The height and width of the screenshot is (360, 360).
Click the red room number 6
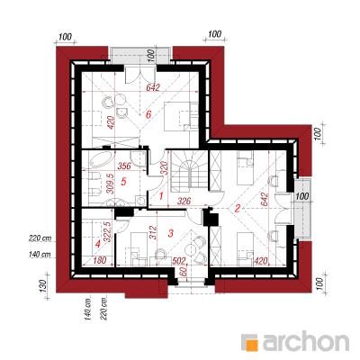pyautogui.click(x=148, y=114)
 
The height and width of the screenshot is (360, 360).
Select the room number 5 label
pyautogui.click(x=123, y=182)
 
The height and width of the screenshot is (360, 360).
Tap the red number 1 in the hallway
pyautogui.click(x=161, y=196)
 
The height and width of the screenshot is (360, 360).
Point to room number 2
pyautogui.click(x=238, y=208)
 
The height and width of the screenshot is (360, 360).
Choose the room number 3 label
pyautogui.click(x=171, y=233)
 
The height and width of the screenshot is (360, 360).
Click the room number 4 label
pyautogui.click(x=97, y=245)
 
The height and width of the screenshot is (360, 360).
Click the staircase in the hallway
pyautogui.click(x=190, y=171)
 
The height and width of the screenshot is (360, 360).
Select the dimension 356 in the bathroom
pyautogui.click(x=124, y=166)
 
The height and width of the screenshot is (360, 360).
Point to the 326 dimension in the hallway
pyautogui.click(x=184, y=201)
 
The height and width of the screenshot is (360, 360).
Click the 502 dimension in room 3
pyautogui.click(x=179, y=261)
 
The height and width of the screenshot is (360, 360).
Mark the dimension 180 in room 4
pyautogui.click(x=100, y=260)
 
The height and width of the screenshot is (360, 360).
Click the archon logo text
pyautogui.click(x=306, y=340)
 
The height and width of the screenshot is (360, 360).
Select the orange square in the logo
pyautogui.click(x=252, y=345)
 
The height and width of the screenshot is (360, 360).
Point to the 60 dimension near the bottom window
pyautogui.click(x=184, y=272)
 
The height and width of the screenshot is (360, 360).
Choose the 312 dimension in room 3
pyautogui.click(x=153, y=232)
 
